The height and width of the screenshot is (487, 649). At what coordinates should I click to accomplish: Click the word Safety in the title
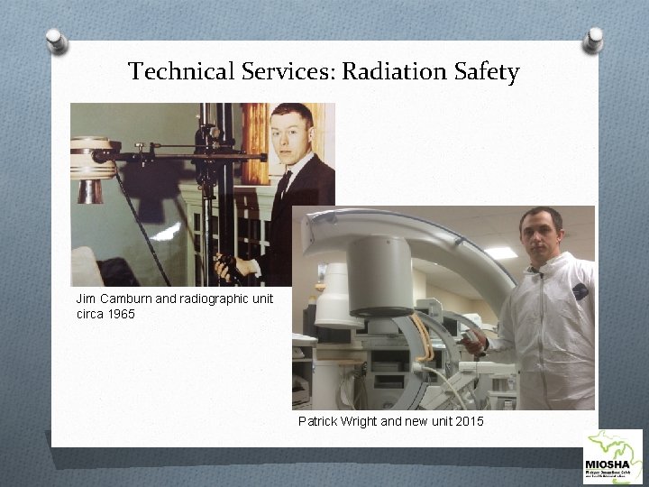click(487, 71)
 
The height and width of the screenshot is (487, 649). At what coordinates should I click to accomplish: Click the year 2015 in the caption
click(468, 421)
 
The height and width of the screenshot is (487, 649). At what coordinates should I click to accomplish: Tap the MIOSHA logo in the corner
click(613, 456)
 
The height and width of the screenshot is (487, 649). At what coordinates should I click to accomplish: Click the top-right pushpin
click(593, 39)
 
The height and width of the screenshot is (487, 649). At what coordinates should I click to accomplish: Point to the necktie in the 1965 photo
click(283, 186)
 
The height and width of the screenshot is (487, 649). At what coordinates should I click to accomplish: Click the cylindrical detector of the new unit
click(379, 274)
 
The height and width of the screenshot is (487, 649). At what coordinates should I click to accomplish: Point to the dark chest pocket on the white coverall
click(580, 291)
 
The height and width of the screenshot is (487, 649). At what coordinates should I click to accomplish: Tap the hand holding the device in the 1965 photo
click(223, 267)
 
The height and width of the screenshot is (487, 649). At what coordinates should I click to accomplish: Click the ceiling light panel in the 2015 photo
click(500, 253)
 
